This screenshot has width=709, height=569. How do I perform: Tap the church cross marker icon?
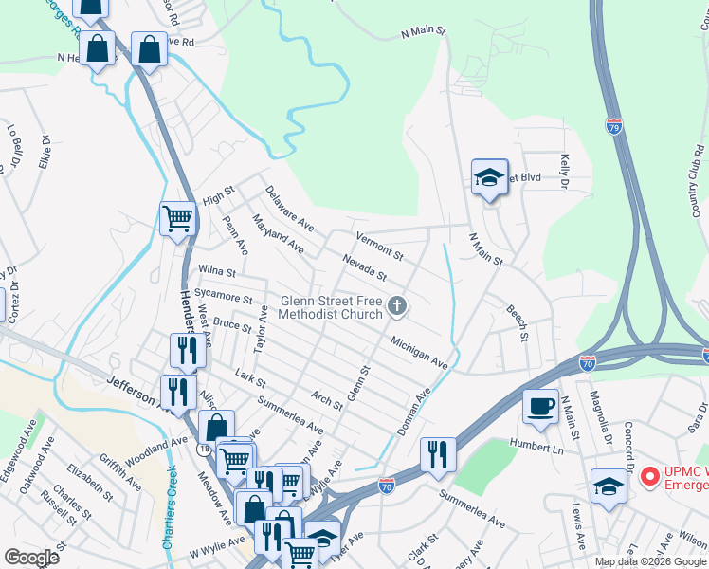pos(398,305)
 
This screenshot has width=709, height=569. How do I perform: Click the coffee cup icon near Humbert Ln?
pos(540,405)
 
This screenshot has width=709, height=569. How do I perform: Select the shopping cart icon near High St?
pos(177,219)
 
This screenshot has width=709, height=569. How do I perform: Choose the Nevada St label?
pos(365,267)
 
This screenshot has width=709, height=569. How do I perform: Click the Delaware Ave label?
pos(289,209)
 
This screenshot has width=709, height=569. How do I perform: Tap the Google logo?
pos(31,558)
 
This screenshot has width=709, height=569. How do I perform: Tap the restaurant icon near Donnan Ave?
pos(437,453)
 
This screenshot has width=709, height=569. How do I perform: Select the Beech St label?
pos(517,322)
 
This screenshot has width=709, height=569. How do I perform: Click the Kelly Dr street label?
pos(566,170)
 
